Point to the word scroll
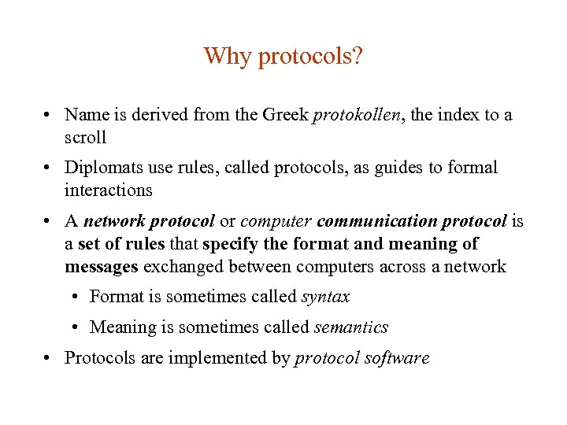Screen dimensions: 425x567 85,137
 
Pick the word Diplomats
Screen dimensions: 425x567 101,168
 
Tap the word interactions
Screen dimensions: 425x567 109,190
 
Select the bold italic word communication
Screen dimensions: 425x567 377,222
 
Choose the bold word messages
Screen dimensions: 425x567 102,266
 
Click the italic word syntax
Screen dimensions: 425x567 325,297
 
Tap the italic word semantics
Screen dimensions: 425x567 351,327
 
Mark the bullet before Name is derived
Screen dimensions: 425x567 49,116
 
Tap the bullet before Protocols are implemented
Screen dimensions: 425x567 49,358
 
